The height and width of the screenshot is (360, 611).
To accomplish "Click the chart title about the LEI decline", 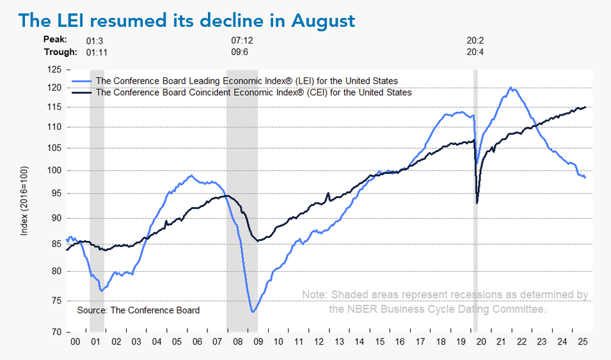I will coord(187,20).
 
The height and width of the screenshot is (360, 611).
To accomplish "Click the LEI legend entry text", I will coord(246,81).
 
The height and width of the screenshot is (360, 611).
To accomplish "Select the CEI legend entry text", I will coord(253,92).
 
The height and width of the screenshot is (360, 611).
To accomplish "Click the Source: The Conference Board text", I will coord(138,310).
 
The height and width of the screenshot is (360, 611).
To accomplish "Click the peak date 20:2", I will coord(475,40).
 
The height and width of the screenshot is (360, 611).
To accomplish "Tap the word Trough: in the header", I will coord(60,52).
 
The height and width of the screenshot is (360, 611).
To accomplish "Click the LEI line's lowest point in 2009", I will coord(253,312).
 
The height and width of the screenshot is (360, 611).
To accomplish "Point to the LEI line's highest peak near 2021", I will coord(511,87).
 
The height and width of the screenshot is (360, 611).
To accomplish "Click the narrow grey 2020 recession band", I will coord(475,192).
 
